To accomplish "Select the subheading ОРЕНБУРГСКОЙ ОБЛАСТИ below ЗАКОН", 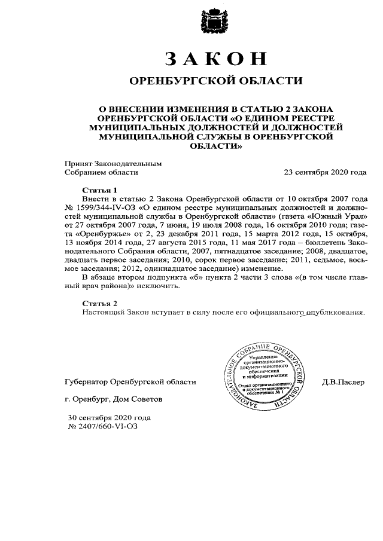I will pyautogui.click(x=216, y=81).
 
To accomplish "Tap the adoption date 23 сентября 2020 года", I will pyautogui.click(x=325, y=173).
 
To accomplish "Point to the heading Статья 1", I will pyautogui.click(x=97, y=189).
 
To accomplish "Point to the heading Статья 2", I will pyautogui.click(x=97, y=304).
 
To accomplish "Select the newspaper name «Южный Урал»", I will pyautogui.click(x=339, y=215).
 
